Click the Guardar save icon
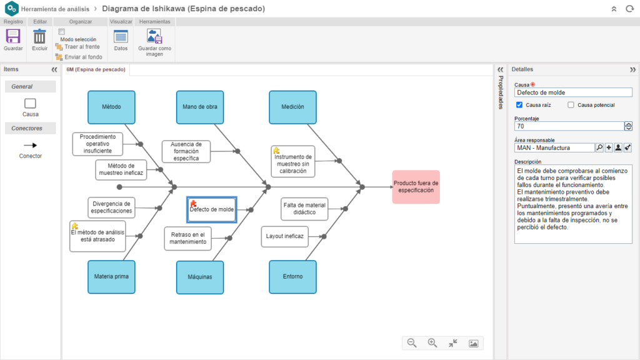click(13, 37)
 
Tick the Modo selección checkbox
click(62, 31)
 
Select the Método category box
click(111, 107)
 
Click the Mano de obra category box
click(200, 107)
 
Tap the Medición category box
click(292, 107)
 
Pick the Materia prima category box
click(111, 277)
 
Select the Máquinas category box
click(200, 277)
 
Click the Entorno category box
click(292, 277)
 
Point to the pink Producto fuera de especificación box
click(416, 187)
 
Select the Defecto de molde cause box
click(212, 209)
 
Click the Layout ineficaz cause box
click(284, 236)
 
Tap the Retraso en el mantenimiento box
click(187, 238)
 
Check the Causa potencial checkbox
click(571, 105)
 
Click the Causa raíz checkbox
click(519, 105)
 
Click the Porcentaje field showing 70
click(569, 126)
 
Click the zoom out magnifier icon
click(412, 343)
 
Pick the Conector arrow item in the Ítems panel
click(30, 145)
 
